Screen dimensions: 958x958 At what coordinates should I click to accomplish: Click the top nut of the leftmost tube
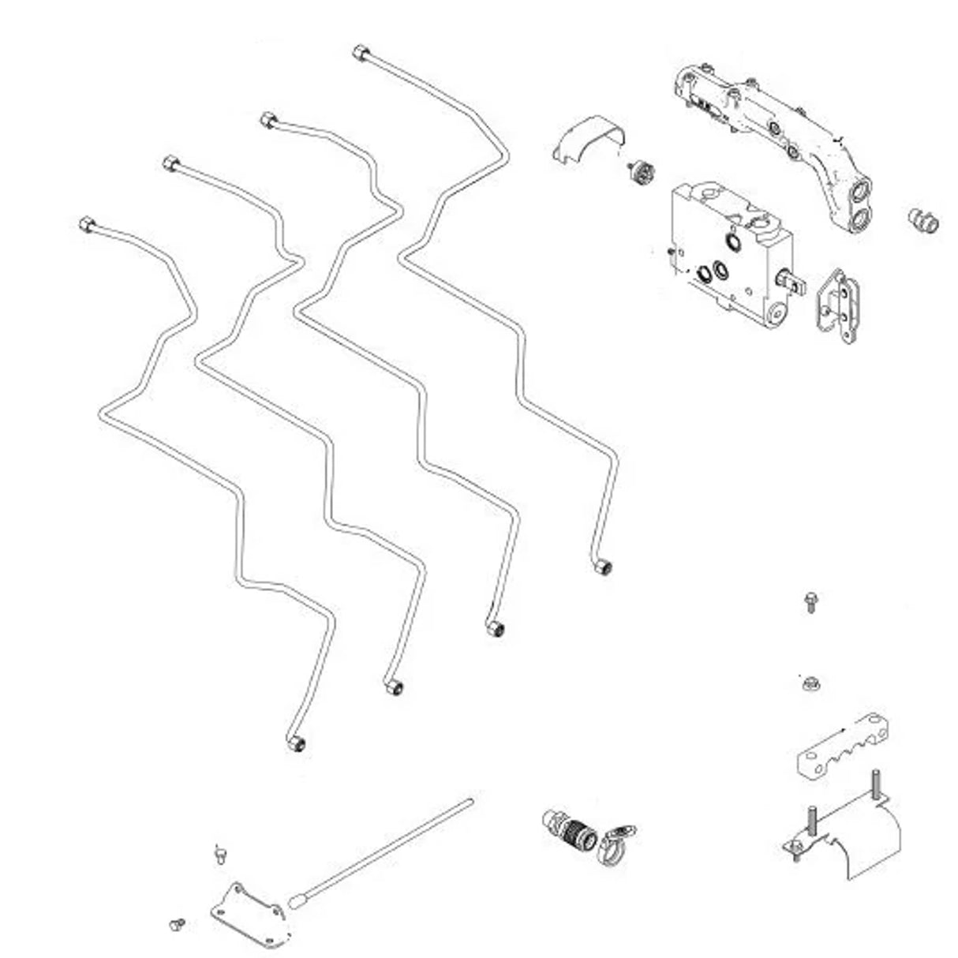87,224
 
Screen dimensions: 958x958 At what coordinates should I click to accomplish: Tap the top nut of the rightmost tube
361,54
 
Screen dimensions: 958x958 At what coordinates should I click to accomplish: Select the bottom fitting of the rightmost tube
604,567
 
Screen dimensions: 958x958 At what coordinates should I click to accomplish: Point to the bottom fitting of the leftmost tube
296,744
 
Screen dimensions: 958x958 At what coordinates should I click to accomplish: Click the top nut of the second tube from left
170,164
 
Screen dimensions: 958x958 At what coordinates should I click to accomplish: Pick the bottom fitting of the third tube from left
495,629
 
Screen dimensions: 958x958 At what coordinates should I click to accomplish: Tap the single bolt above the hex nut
810,602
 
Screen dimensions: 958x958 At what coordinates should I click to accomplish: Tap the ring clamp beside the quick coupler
617,844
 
